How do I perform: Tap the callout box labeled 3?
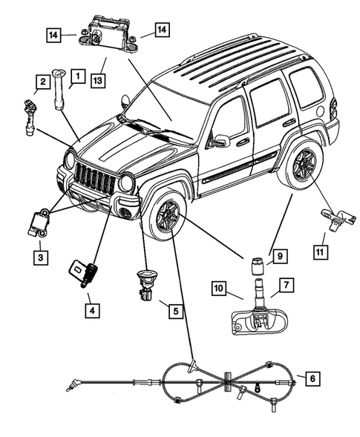coord(41,257)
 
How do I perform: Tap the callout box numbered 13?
coord(97,79)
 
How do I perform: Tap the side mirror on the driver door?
coord(220,139)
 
